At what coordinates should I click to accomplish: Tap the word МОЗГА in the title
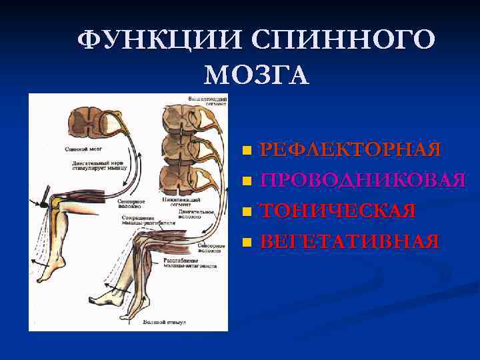pos(257,75)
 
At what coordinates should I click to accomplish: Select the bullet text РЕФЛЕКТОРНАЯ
pos(350,149)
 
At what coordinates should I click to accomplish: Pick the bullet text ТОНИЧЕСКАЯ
pos(338,211)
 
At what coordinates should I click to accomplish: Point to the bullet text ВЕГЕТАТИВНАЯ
pos(349,241)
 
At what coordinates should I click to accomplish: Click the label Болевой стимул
pos(163,322)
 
